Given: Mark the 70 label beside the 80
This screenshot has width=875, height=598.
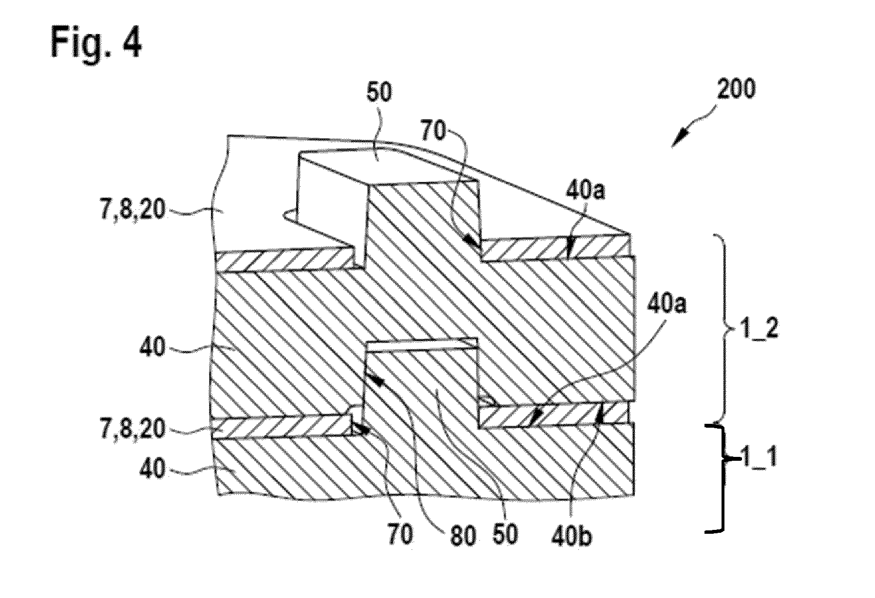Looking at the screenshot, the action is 399,534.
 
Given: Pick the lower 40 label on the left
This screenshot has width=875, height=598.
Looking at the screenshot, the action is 153,471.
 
